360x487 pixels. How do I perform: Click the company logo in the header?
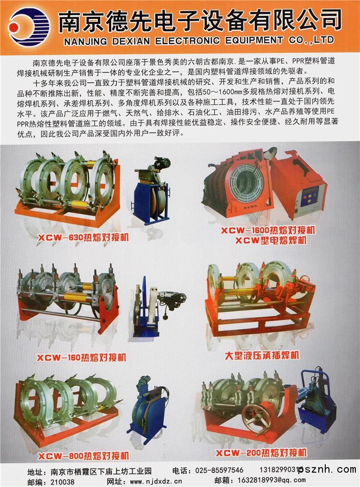click(29, 27)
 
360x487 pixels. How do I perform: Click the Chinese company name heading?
click(200, 20)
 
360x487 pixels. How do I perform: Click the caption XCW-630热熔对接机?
click(83, 238)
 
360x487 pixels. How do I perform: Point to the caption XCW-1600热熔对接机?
click(268, 231)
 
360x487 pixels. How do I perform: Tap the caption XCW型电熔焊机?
click(271, 240)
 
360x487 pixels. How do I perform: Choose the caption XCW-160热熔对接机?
click(82, 358)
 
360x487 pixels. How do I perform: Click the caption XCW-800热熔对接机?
click(83, 456)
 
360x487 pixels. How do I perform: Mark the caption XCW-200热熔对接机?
click(261, 453)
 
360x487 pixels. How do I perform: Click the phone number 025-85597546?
click(220, 470)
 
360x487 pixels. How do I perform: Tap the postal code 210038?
click(62, 482)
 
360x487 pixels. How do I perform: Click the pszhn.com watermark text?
click(327, 469)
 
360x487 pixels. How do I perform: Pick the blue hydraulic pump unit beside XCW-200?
click(316, 400)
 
